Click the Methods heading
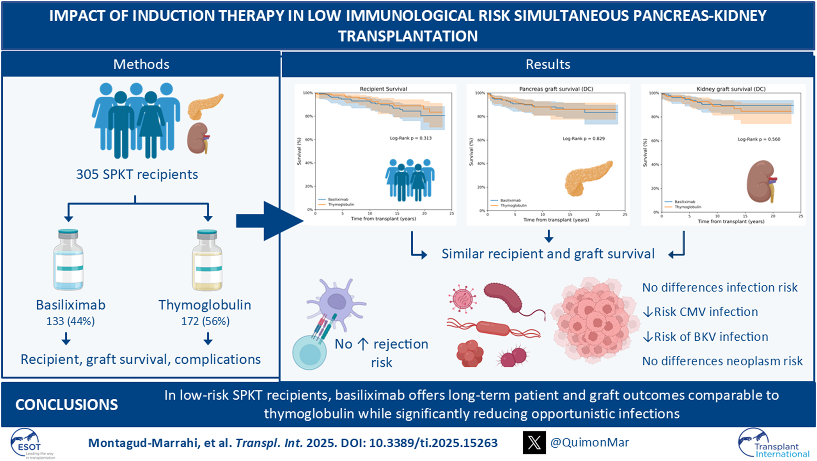[141, 64]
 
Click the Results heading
[548, 64]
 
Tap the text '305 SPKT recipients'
[137, 174]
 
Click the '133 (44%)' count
[71, 321]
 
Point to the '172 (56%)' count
[205, 321]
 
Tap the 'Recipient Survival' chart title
[383, 89]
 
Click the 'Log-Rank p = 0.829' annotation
[584, 138]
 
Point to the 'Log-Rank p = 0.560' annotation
[759, 139]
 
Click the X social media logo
[534, 443]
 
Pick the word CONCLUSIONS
[67, 405]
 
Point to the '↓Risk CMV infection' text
[700, 312]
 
